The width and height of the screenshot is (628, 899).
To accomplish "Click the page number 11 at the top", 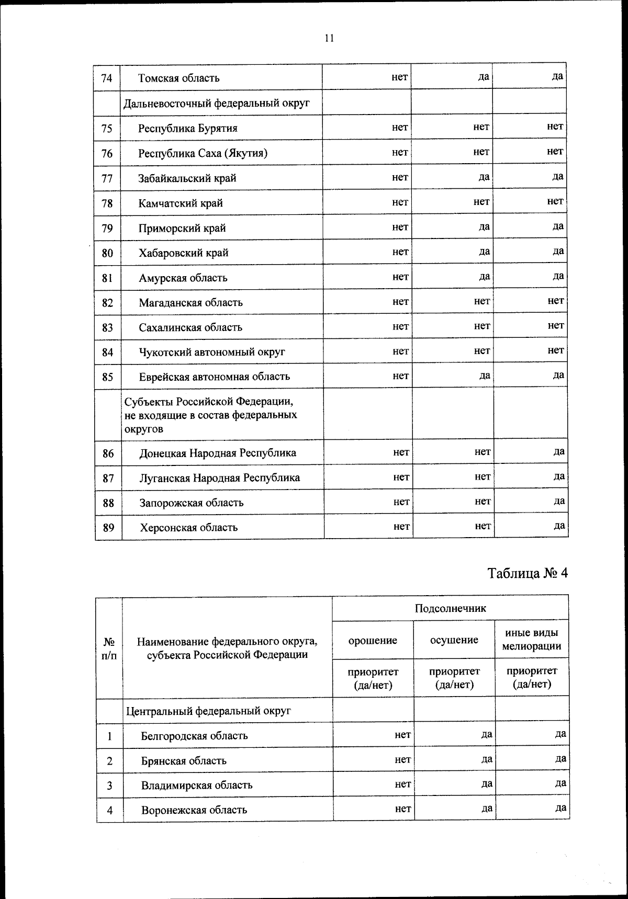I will (x=329, y=38).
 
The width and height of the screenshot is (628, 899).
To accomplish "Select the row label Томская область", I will (x=178, y=78).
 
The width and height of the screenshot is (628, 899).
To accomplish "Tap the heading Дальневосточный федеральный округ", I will (x=216, y=103).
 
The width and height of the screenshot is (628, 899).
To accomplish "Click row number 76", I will (x=107, y=153).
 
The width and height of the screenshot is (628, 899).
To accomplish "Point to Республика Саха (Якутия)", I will (x=203, y=153).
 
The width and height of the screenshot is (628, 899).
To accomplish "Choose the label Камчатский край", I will (x=181, y=203).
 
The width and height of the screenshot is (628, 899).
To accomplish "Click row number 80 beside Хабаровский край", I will (x=107, y=253).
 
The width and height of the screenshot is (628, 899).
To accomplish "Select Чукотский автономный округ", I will (x=212, y=352).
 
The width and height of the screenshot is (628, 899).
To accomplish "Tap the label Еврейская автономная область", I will (x=214, y=377).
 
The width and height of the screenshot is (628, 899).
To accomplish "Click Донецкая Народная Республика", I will (x=218, y=453).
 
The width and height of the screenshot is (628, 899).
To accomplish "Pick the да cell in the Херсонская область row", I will (x=559, y=526).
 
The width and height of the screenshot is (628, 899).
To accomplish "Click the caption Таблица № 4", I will (x=528, y=573).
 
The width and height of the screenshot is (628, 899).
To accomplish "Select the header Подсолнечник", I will (x=450, y=608).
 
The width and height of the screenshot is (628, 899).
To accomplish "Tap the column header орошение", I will (x=373, y=640).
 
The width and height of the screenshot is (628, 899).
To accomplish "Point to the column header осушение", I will (x=454, y=640).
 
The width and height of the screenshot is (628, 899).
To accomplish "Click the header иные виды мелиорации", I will (x=531, y=640).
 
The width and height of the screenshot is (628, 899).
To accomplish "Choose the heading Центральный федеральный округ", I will (x=208, y=711).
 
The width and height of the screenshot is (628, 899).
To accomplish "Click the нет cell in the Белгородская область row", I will (x=402, y=735).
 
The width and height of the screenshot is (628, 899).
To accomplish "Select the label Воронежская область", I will (x=194, y=810).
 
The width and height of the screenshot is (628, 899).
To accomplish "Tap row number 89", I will (x=108, y=528).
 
